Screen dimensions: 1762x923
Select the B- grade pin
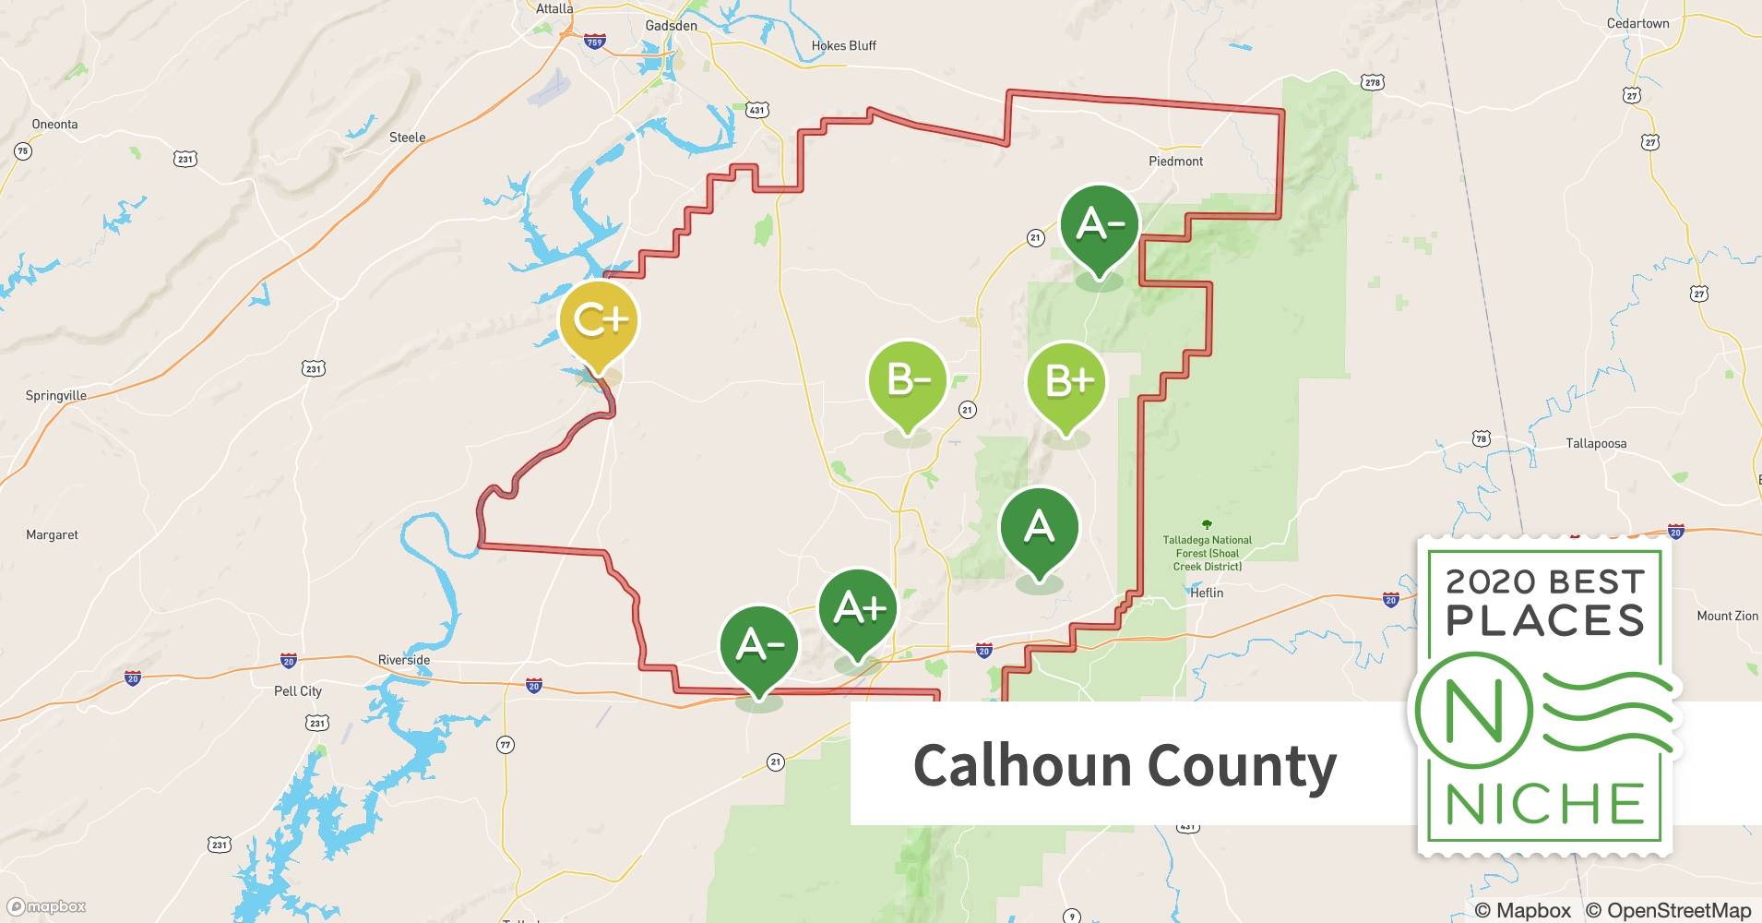pyautogui.click(x=908, y=380)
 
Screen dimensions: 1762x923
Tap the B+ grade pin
pyautogui.click(x=1066, y=382)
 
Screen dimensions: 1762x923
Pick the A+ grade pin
pyautogui.click(x=858, y=609)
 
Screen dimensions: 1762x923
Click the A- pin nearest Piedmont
pyautogui.click(x=1099, y=225)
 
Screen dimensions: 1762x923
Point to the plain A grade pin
pyautogui.click(x=1040, y=528)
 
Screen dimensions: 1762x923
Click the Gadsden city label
pyautogui.click(x=671, y=26)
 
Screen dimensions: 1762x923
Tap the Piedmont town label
pyautogui.click(x=1175, y=162)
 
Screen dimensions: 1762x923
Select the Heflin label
pyautogui.click(x=1206, y=593)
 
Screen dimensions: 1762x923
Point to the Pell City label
pyautogui.click(x=298, y=690)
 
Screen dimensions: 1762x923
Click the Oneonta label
pyautogui.click(x=54, y=125)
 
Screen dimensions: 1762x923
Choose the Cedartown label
pyautogui.click(x=1637, y=24)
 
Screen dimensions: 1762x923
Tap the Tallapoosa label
pyautogui.click(x=1596, y=444)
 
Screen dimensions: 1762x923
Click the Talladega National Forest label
pyautogui.click(x=1207, y=553)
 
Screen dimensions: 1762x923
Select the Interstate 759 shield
pyautogui.click(x=595, y=42)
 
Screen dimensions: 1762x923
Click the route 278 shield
pyautogui.click(x=1372, y=83)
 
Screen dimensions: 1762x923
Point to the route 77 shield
pyautogui.click(x=506, y=745)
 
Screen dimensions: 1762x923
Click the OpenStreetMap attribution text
pyautogui.click(x=1668, y=910)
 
